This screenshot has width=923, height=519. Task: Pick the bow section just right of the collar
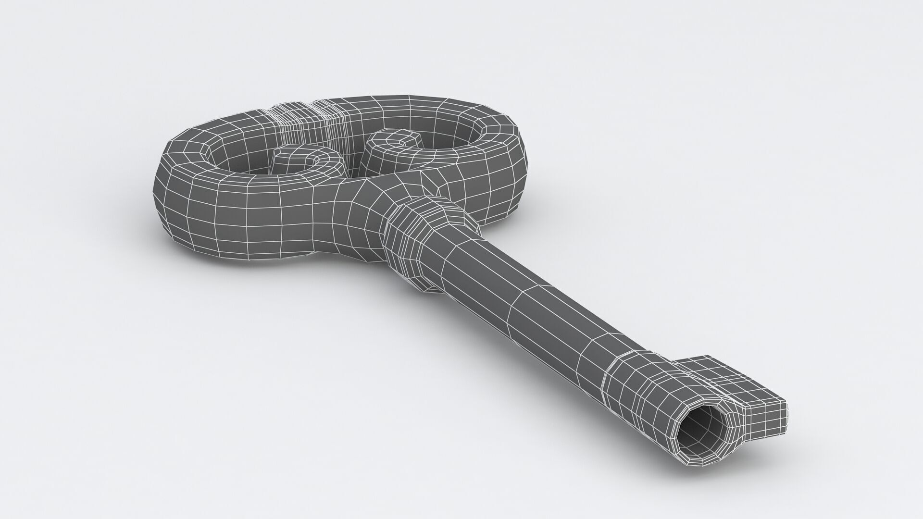coord(486,192)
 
